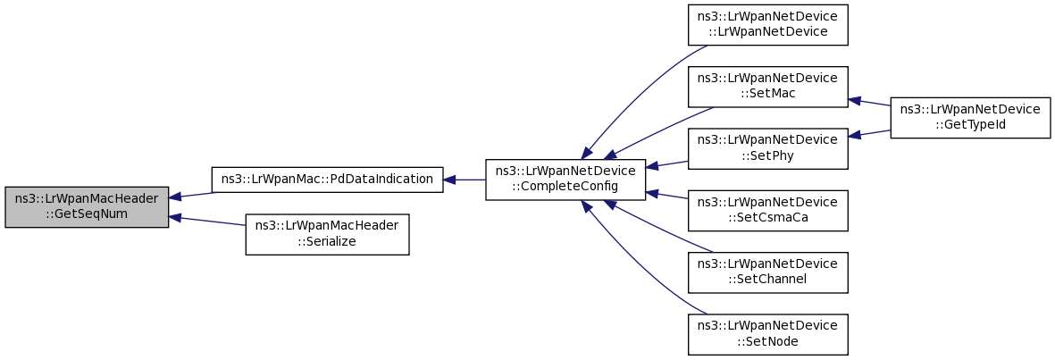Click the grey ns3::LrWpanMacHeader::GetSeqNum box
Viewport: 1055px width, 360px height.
[x=87, y=207]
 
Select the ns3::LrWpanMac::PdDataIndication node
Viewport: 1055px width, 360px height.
[x=327, y=180]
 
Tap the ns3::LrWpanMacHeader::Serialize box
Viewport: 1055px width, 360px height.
[x=327, y=234]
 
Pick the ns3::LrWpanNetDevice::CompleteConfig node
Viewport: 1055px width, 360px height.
[x=565, y=180]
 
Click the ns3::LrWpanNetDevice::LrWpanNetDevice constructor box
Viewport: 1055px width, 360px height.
[x=767, y=25]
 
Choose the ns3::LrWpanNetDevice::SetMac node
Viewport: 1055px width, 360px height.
[x=767, y=87]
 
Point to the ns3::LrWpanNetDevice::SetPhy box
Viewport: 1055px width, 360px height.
[x=767, y=148]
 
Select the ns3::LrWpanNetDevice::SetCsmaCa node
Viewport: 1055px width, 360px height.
[x=767, y=211]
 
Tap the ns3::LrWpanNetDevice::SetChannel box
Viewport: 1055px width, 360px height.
[x=767, y=272]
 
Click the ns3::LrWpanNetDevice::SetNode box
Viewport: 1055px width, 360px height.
[x=767, y=334]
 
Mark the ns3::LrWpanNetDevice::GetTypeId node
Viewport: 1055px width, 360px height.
[x=969, y=118]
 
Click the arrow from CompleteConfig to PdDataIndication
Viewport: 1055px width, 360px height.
[x=465, y=180]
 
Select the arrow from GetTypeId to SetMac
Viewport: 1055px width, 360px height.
[x=868, y=102]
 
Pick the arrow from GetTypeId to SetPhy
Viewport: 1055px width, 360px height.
[x=868, y=133]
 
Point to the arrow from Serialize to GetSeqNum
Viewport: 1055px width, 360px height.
[x=207, y=221]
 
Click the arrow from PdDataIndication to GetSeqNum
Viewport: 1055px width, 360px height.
[x=192, y=195]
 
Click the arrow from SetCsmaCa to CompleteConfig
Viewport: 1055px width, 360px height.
[x=666, y=195]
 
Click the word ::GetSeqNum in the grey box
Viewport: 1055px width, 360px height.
[x=87, y=214]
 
